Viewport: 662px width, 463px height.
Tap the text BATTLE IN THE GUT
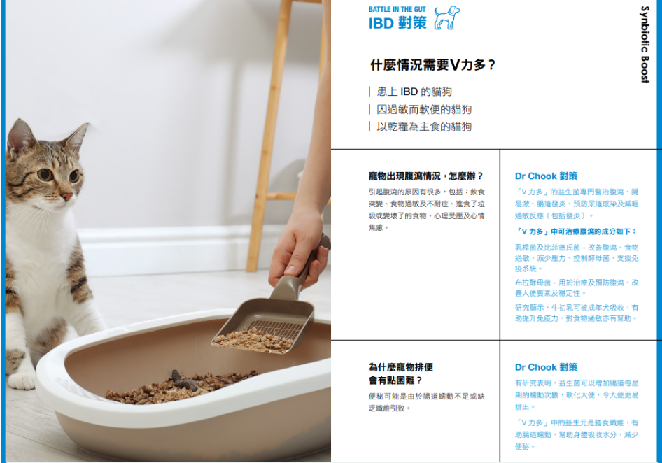tap(397, 9)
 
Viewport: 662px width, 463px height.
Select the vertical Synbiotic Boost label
tap(645, 44)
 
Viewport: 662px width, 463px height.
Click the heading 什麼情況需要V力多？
tap(432, 65)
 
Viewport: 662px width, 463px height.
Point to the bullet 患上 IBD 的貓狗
tap(414, 92)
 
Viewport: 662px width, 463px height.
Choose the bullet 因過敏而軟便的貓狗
tap(424, 109)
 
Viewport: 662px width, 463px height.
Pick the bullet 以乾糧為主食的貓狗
tap(424, 127)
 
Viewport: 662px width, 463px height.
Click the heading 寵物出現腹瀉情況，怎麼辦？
tap(425, 176)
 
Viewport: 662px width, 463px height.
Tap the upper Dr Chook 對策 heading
tap(546, 176)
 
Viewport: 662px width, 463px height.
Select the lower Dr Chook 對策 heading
tap(546, 367)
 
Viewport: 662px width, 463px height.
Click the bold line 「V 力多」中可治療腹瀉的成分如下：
tap(576, 231)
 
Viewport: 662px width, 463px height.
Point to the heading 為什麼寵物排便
tap(401, 367)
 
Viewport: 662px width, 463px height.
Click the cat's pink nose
tap(66, 197)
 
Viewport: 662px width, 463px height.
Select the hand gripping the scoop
tap(298, 248)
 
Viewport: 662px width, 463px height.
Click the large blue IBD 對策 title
tap(397, 23)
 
